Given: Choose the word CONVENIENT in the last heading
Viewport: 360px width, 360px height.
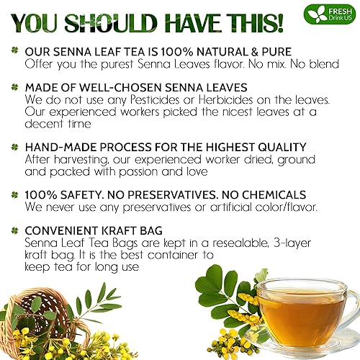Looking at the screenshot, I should (x=63, y=232).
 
